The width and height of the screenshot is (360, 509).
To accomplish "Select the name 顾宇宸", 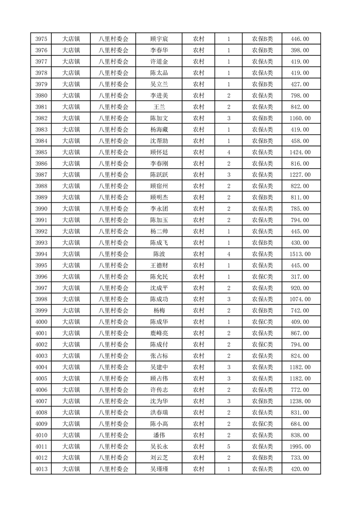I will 159,39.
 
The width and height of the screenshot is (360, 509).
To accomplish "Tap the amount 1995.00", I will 300,446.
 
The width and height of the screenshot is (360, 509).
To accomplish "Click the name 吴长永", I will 159,446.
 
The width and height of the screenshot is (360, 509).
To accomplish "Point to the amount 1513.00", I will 300,254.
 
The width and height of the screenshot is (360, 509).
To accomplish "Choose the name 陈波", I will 159,254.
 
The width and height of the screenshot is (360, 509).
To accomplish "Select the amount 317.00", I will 300,277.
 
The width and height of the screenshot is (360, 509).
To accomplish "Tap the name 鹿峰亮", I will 159,333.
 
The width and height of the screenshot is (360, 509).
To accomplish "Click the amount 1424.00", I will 300,152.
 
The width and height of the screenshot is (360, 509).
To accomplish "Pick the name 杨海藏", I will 159,130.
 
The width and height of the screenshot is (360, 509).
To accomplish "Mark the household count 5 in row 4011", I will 228,446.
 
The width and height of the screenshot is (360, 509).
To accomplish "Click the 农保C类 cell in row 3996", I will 262,277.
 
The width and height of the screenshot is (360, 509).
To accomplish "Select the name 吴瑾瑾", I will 159,469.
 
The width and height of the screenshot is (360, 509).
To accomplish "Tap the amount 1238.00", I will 300,401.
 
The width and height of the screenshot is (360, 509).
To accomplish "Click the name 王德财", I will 159,265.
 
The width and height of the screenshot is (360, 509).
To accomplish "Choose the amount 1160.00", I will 300,118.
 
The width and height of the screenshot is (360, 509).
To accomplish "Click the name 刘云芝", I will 159,458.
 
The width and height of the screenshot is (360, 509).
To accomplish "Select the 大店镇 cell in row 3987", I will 71,175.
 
